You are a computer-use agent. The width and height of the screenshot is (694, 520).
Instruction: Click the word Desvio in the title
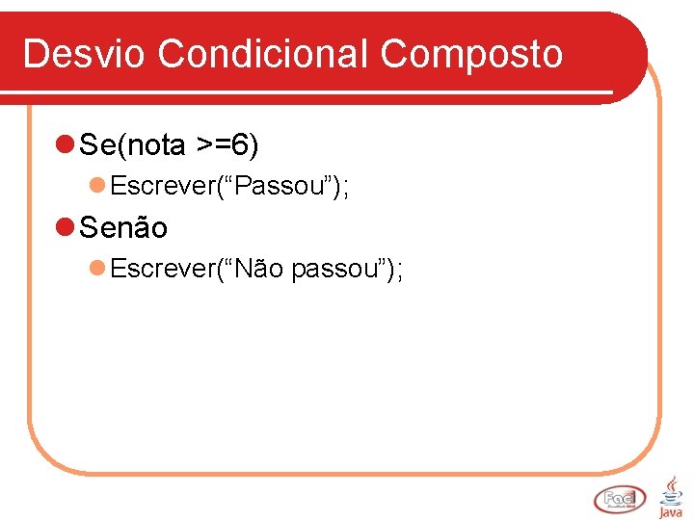85,54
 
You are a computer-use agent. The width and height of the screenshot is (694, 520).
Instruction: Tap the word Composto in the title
471,54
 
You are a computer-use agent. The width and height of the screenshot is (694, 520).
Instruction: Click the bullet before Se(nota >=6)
65,145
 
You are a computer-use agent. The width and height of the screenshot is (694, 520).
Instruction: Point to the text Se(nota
133,145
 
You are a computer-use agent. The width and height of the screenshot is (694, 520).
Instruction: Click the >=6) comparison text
227,145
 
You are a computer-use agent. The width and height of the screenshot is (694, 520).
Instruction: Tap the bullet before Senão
65,228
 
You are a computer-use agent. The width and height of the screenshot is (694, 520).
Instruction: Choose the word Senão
123,228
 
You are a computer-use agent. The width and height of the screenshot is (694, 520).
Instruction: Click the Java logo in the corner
670,496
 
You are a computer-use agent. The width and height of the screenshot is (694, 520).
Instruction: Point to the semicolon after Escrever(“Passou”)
345,188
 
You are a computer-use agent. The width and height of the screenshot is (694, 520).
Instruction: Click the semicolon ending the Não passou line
399,272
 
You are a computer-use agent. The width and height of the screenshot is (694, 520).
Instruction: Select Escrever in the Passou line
161,186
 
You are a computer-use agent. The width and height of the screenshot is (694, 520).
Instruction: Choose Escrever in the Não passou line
161,269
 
